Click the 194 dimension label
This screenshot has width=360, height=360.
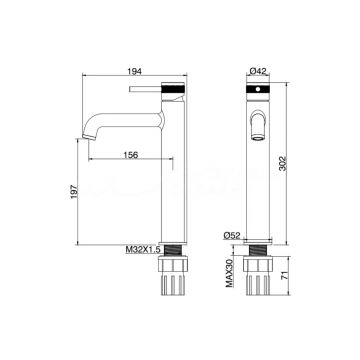coord(135,71)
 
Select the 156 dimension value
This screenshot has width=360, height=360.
coord(131,155)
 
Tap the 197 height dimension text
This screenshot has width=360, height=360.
coord(74,192)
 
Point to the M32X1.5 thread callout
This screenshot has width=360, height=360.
coord(143,249)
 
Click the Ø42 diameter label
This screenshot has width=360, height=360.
coord(258,71)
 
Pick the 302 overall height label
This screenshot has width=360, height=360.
coord(282,163)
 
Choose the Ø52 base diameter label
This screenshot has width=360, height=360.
coord(232,236)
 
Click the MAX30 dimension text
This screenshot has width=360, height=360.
coord(229,272)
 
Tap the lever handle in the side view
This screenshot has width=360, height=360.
coord(145,89)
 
